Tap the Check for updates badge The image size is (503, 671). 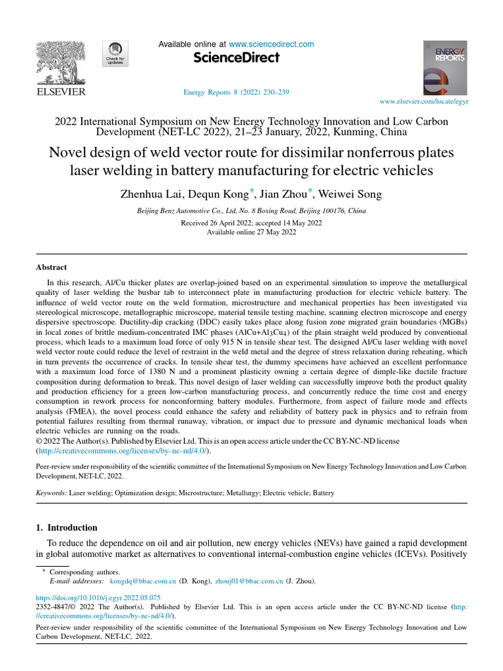point(116,54)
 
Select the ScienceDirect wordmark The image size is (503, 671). point(236,58)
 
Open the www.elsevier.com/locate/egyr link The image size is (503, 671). point(424,102)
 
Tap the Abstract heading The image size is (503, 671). point(51,267)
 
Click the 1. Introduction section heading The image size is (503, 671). point(66,527)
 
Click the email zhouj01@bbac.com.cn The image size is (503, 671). point(249,581)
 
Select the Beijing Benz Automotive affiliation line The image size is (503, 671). point(251,211)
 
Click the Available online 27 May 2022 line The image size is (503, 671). point(251,232)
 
